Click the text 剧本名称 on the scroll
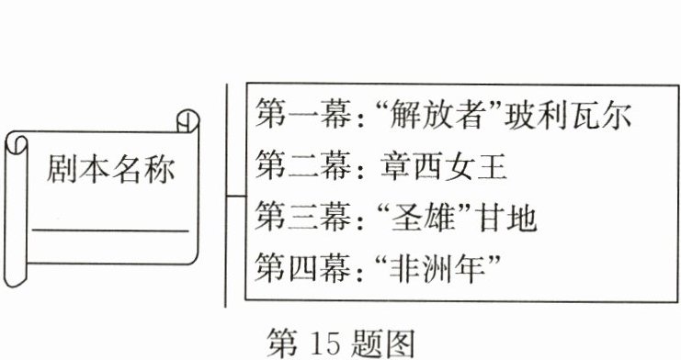click(x=109, y=172)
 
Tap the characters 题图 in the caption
click(x=386, y=340)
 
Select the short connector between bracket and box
click(x=235, y=196)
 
